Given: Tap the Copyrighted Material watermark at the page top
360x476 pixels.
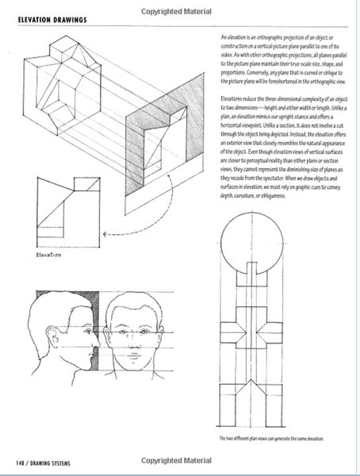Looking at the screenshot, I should click(x=179, y=10).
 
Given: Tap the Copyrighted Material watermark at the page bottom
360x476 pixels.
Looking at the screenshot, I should click(x=179, y=461).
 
